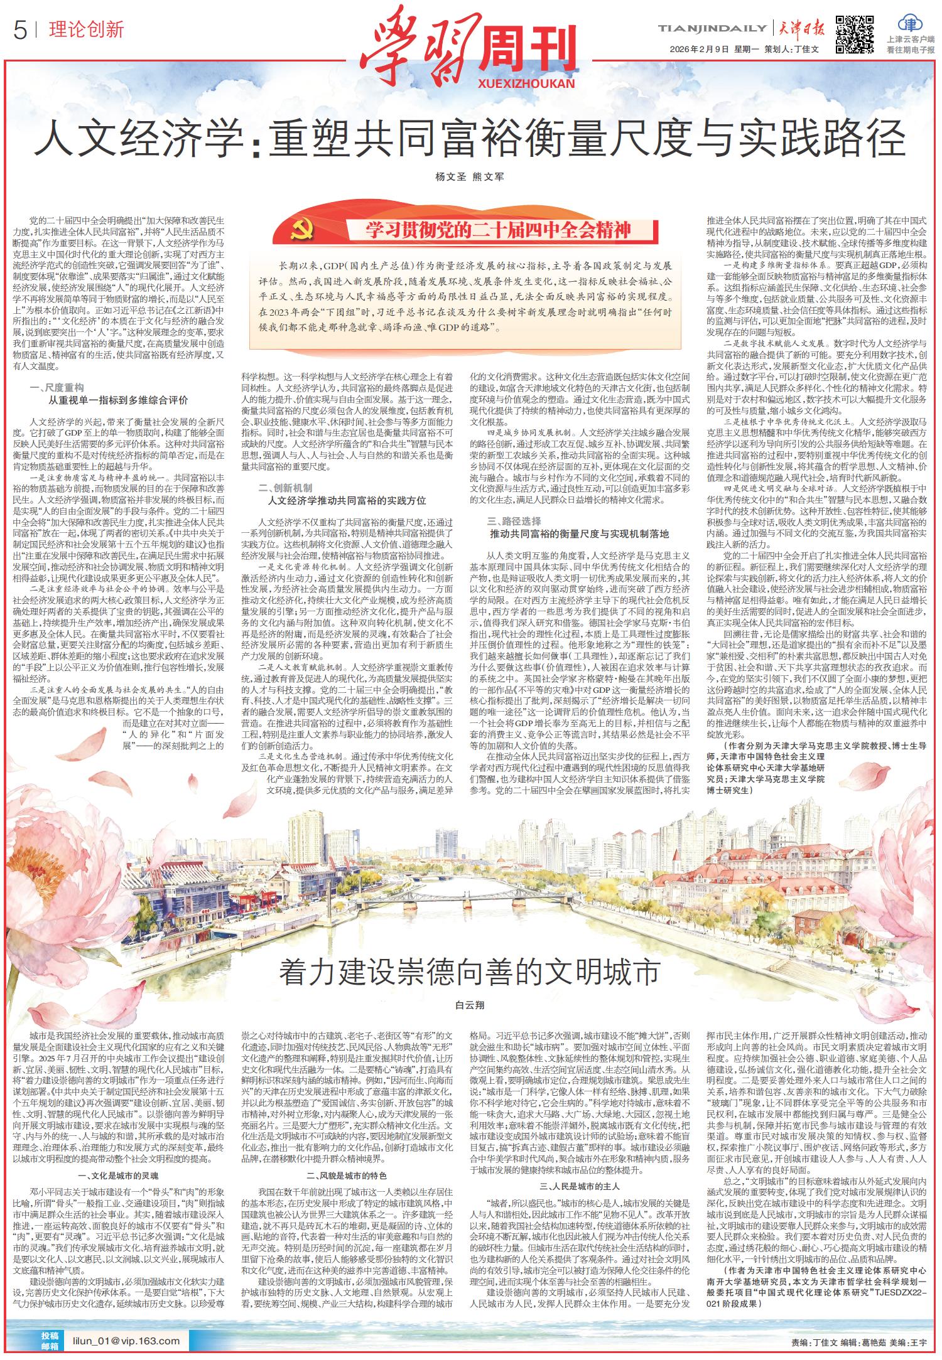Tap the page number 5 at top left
point(20,31)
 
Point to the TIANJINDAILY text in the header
point(712,28)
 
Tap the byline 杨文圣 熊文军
point(470,177)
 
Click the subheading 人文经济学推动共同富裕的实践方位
point(347,500)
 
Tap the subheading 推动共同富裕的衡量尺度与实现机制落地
point(579,534)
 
